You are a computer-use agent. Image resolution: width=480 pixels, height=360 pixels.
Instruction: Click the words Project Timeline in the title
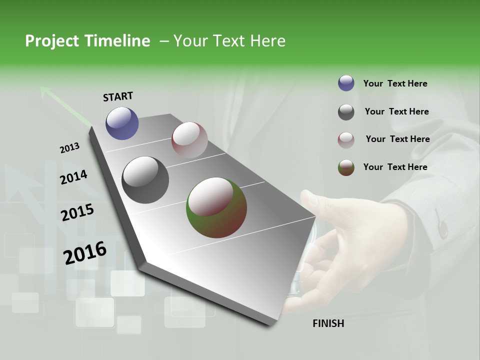click(87, 41)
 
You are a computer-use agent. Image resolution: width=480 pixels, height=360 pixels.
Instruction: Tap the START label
click(118, 96)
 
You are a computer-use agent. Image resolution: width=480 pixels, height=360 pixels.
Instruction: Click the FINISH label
click(328, 323)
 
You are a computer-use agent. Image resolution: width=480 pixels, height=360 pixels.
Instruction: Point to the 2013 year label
click(69, 148)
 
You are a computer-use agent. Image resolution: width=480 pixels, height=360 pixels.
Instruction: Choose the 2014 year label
click(73, 177)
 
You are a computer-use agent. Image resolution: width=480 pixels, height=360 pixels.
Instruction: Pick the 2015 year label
click(77, 212)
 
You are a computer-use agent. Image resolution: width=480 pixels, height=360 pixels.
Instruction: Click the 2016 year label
click(84, 252)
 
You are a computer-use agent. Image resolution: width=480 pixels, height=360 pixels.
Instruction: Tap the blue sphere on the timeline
click(122, 123)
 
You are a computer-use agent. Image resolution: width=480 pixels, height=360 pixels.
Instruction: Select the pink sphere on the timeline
click(189, 139)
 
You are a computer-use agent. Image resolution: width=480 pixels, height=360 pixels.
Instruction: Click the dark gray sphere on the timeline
click(145, 179)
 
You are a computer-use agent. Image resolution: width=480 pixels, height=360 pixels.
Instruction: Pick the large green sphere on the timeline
click(216, 207)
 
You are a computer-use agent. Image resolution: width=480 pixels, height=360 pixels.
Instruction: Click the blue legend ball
click(346, 83)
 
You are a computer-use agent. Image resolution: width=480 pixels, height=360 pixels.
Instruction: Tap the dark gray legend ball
click(346, 112)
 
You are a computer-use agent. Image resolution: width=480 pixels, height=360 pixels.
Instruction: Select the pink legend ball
click(346, 139)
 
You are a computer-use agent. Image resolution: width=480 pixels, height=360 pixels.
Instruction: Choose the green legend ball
click(346, 167)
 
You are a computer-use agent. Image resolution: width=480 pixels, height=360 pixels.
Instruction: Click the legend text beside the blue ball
click(395, 83)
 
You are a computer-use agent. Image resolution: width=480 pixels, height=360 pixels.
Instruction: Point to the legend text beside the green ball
click(395, 167)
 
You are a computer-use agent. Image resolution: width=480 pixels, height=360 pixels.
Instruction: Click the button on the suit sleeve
click(442, 229)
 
